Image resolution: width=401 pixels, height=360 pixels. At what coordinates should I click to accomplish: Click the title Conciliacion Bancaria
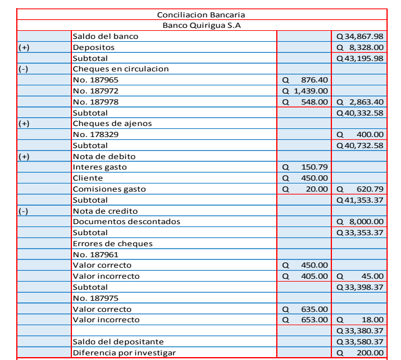201,15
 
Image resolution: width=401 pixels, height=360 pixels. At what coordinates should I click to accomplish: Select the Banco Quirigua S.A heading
201,26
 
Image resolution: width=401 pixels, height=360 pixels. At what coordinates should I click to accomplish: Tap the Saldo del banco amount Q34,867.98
360,37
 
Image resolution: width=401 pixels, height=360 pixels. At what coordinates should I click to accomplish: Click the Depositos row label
93,48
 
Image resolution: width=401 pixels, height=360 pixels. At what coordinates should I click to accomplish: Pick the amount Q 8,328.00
360,48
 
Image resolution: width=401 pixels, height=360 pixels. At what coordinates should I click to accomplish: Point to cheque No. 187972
96,91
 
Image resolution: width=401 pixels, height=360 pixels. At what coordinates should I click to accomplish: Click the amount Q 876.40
305,80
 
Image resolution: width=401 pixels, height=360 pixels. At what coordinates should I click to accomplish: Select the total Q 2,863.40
360,102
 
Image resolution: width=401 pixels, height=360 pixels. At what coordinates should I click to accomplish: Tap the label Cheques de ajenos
112,123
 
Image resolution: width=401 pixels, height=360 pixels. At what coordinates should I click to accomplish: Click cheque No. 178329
96,134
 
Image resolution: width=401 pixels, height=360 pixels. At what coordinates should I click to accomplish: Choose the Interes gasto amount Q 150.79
305,167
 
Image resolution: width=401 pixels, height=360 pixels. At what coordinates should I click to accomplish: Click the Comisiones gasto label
109,189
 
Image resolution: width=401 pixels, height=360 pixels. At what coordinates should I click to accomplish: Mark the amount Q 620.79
360,189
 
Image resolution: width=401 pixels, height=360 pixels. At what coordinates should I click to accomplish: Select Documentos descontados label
127,221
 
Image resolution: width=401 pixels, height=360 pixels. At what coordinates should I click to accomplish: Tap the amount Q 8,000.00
360,221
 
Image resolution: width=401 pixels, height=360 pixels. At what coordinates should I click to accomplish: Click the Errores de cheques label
113,244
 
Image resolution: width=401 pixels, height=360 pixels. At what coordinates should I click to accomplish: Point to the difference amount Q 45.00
360,276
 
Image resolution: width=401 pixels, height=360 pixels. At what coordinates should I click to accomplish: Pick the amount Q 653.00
305,319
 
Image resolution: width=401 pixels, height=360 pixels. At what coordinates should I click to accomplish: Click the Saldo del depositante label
118,341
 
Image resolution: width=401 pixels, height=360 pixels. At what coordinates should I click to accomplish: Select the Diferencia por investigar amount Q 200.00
360,352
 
